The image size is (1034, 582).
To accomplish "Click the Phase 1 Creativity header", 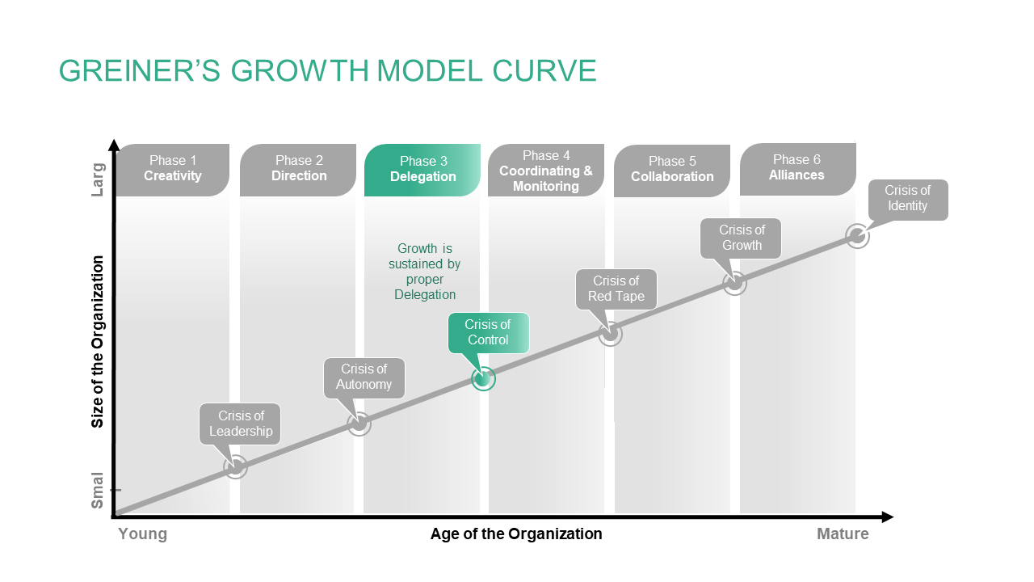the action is pos(173,170).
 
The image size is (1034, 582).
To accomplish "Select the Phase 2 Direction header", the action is pos(298,170).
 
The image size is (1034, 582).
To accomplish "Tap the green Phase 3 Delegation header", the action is pos(422,170).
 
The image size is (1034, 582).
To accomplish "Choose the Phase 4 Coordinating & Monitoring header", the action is pos(546,170).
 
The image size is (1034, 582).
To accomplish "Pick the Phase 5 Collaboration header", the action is pos(672,171).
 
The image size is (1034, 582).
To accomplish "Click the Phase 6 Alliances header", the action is pos(798,169).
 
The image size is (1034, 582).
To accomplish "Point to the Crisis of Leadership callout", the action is pos(240,424).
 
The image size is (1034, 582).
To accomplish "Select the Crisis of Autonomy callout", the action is pos(364,377).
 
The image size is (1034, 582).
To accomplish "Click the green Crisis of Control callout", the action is pos(489,332).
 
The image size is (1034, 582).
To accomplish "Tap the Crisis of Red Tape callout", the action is pos(616,289).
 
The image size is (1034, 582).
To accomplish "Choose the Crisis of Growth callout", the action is pos(741,238).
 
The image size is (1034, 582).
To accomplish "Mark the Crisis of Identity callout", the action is pos(908,200).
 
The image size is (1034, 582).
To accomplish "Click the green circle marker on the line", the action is pos(483,379).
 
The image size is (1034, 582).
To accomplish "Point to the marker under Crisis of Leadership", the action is pos(235,467).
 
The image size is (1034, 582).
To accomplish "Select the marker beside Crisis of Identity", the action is pos(857,237).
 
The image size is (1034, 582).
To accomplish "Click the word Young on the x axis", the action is pos(143,534).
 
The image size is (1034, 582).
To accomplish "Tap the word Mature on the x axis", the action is pos(843,534).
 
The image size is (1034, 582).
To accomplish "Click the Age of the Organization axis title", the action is pos(516,534).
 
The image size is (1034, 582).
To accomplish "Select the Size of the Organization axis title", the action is pos(98,342).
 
